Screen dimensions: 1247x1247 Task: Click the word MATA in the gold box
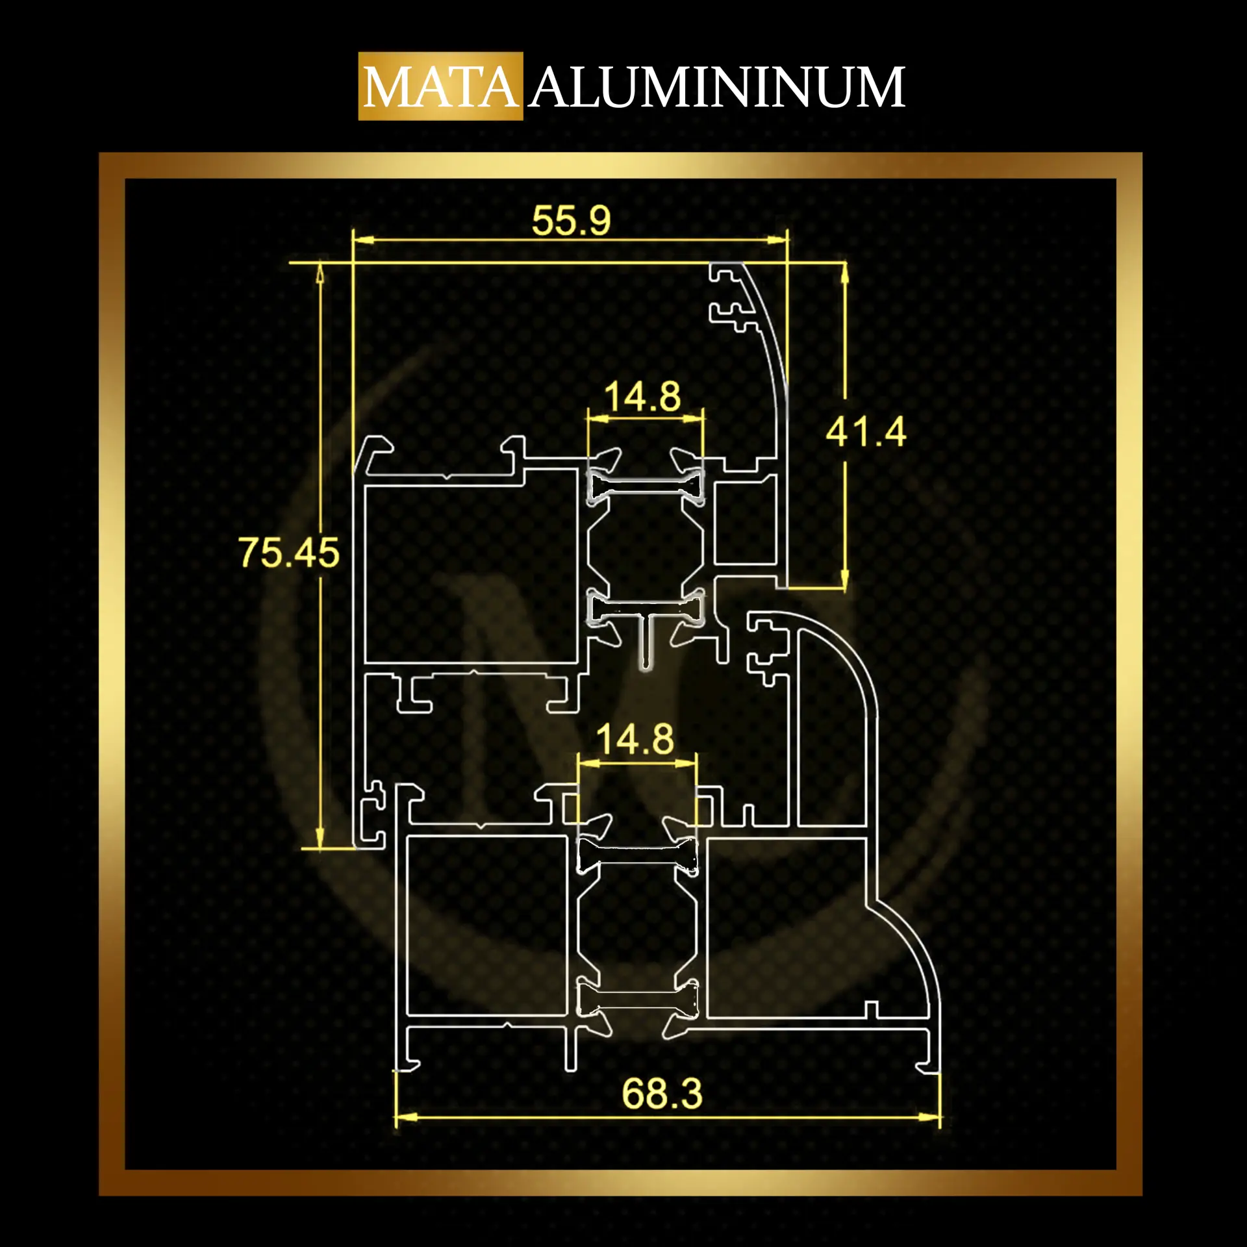pyautogui.click(x=441, y=87)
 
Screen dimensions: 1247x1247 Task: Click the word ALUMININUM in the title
pyautogui.click(x=716, y=87)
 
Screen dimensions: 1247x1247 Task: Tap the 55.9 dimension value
pyautogui.click(x=572, y=220)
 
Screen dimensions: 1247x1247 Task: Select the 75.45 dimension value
pyautogui.click(x=290, y=553)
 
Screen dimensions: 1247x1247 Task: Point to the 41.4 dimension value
pyautogui.click(x=866, y=432)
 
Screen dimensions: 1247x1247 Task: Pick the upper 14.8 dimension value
pyautogui.click(x=642, y=396)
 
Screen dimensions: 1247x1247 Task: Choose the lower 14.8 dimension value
pyautogui.click(x=635, y=740)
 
